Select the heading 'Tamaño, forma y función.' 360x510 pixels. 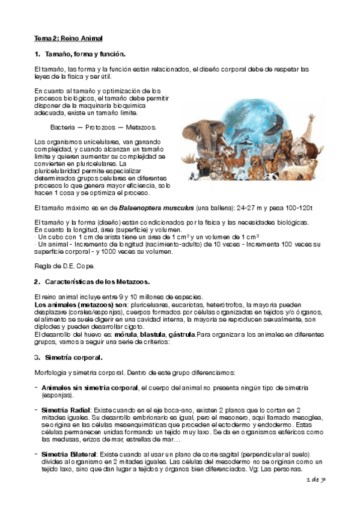pyautogui.click(x=84, y=54)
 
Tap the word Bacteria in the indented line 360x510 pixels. pyautogui.click(x=63, y=127)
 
